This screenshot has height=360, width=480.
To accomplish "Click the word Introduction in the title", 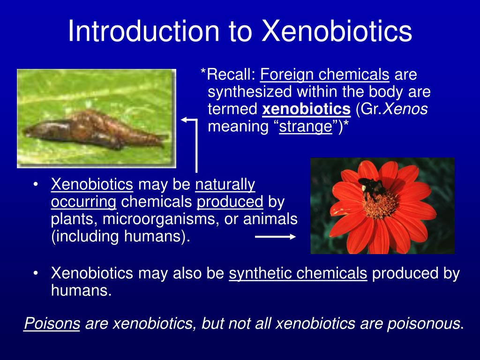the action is (143, 31).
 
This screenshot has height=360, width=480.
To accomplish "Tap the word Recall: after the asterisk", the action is (231, 75).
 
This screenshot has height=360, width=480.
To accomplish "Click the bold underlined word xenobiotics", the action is (307, 109).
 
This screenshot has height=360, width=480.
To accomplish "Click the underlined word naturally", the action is (225, 185).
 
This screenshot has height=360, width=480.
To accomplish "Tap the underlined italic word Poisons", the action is (52, 323).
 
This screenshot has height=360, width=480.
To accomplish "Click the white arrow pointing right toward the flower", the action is (275, 237).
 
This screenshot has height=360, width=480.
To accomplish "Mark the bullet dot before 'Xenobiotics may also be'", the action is (36, 273).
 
